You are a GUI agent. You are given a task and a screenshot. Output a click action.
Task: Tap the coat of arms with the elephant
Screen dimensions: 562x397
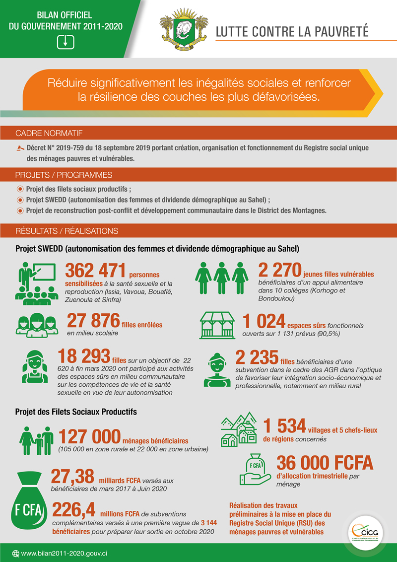[183, 31]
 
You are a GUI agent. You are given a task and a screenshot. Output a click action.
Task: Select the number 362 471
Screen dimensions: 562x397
[95, 271]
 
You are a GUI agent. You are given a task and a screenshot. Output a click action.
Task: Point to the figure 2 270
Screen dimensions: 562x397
[279, 271]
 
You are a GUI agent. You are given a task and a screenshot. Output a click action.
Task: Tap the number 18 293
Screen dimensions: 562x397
[84, 356]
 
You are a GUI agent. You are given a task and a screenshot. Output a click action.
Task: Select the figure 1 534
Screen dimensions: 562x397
[284, 425]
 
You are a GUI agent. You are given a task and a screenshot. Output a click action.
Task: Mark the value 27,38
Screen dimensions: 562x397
[72, 477]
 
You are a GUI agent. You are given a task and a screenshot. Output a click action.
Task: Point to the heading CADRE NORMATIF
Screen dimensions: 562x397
[49, 134]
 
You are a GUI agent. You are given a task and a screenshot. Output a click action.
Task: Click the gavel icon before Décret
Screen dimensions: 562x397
[20, 148]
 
